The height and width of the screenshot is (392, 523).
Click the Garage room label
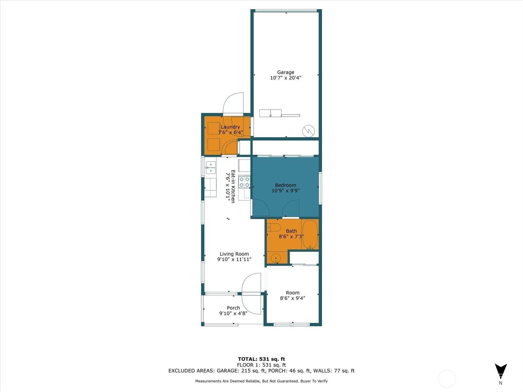pyautogui.click(x=285, y=72)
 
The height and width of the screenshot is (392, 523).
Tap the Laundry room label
pyautogui.click(x=230, y=127)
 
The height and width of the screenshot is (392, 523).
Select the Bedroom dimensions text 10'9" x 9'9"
pyautogui.click(x=285, y=191)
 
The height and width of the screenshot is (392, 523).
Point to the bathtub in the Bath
pyautogui.click(x=310, y=235)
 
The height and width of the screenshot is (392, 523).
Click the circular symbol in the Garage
pyautogui.click(x=308, y=131)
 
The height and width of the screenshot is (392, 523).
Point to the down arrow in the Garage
pyautogui.click(x=270, y=113)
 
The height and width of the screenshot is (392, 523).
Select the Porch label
pyautogui.click(x=233, y=308)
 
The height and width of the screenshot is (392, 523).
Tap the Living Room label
pyautogui.click(x=234, y=254)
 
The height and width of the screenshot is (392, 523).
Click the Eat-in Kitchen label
pyautogui.click(x=233, y=186)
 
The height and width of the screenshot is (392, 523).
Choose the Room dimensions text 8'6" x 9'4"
pyautogui.click(x=292, y=298)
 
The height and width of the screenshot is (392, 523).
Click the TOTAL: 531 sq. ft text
pyautogui.click(x=261, y=359)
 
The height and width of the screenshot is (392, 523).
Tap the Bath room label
pyautogui.click(x=291, y=231)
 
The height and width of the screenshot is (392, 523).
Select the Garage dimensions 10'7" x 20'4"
pyautogui.click(x=285, y=78)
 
